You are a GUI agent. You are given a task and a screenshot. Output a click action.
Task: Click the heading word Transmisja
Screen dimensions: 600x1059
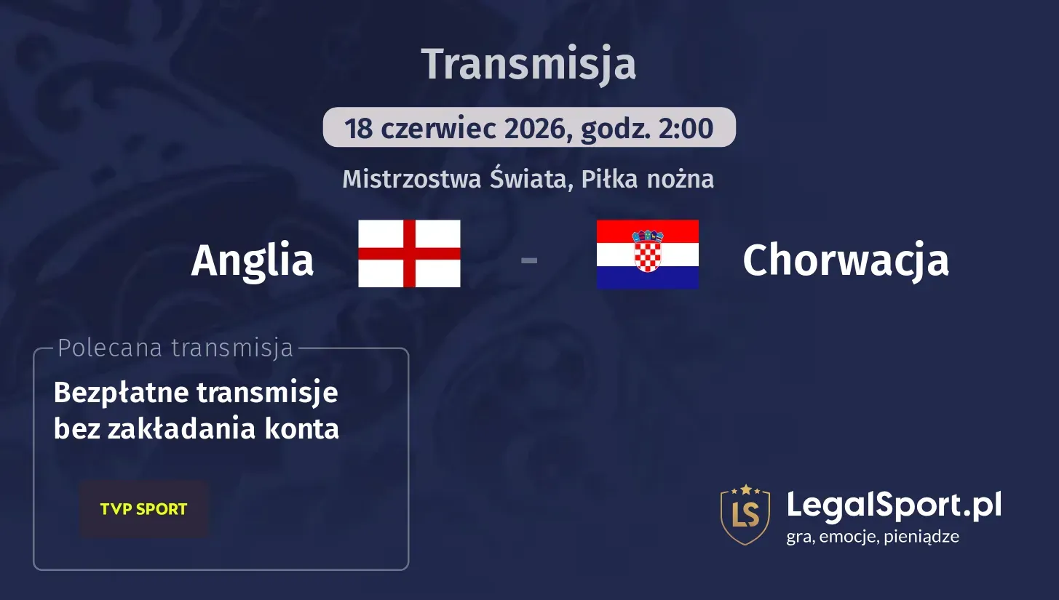(x=528, y=64)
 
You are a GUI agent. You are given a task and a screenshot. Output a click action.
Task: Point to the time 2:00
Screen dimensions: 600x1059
(x=686, y=129)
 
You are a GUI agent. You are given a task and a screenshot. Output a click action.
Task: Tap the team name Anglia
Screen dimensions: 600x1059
(x=252, y=260)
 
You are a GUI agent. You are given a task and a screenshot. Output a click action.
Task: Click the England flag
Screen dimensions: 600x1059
(x=409, y=254)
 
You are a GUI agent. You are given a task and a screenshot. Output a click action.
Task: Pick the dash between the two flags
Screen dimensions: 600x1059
(x=529, y=259)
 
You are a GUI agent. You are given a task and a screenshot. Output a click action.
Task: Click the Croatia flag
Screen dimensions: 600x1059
(x=647, y=255)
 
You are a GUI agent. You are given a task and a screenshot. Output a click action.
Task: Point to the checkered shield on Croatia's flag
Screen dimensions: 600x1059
(x=647, y=252)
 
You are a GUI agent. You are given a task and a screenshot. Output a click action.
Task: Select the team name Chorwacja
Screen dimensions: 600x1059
(x=845, y=260)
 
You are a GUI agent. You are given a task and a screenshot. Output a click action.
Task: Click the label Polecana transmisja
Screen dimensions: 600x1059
(x=175, y=348)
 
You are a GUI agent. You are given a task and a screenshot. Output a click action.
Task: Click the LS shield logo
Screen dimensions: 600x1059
(x=745, y=515)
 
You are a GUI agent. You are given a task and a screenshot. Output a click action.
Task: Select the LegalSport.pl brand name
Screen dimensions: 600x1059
(x=894, y=504)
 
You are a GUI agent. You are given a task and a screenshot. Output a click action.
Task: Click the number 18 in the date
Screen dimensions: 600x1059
(x=359, y=129)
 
